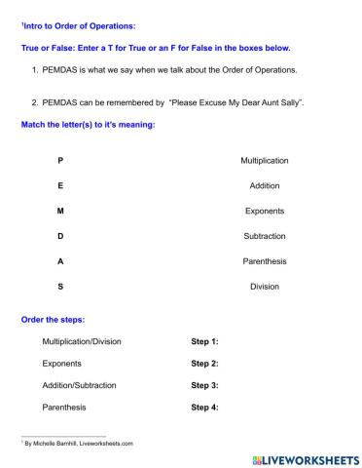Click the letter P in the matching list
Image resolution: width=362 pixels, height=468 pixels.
coord(61,160)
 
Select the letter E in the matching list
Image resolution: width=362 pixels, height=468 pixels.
coord(61,185)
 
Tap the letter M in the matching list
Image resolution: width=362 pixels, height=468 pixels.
coord(61,211)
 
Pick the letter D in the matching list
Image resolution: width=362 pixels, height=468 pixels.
coord(61,236)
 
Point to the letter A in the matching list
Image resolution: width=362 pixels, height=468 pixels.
coord(61,261)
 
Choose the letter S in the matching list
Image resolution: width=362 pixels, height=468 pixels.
coord(61,287)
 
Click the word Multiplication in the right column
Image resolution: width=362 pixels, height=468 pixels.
coord(264,160)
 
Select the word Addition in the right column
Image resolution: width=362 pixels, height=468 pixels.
coord(264,185)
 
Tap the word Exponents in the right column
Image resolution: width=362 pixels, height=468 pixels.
coord(264,211)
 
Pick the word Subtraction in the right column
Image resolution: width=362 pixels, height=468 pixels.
coord(264,236)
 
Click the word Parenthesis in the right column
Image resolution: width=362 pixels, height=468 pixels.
coord(264,261)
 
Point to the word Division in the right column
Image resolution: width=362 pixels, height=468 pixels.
coord(264,287)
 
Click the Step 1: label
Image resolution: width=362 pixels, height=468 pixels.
coord(204,342)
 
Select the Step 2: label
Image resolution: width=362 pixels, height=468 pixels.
coord(204,364)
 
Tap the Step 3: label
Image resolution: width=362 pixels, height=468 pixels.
coord(204,385)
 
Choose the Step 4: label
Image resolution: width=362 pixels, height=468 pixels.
coord(204,407)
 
